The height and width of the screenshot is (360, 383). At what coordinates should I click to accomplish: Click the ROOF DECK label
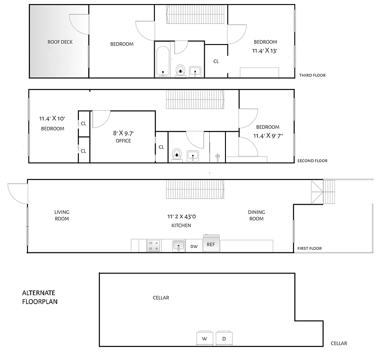point(60,42)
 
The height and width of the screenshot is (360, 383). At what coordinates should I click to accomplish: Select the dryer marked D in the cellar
point(224,338)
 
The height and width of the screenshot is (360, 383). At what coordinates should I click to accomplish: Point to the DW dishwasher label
point(194,247)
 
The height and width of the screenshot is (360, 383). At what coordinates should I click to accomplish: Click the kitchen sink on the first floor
point(179,246)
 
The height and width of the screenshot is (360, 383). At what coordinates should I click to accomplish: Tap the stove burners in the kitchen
point(154,246)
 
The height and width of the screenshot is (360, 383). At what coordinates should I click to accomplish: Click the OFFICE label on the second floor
point(123,141)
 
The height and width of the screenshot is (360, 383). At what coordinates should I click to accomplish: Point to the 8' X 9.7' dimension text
point(123,133)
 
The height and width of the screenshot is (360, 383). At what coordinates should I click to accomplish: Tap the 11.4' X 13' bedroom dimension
point(265,51)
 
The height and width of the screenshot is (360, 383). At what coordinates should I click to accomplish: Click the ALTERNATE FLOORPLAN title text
point(40,297)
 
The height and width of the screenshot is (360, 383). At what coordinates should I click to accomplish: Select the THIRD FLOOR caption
point(312,76)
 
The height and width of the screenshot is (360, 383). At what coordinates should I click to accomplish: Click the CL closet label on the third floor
point(216,61)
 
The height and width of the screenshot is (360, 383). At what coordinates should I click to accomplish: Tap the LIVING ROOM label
point(62,216)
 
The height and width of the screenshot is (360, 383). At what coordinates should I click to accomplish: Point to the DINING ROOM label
point(256,216)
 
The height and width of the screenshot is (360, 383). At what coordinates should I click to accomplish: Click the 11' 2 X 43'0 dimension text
point(181,216)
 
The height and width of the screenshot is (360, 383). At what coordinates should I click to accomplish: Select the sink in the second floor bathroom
point(193,156)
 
